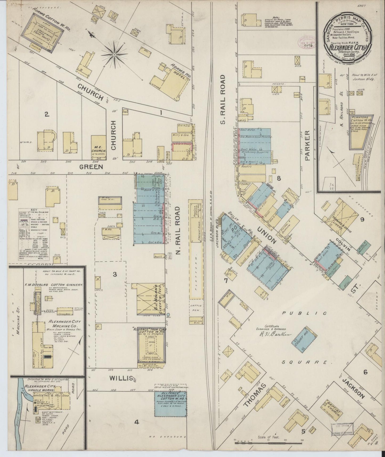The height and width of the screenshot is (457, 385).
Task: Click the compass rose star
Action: click(x=114, y=55)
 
